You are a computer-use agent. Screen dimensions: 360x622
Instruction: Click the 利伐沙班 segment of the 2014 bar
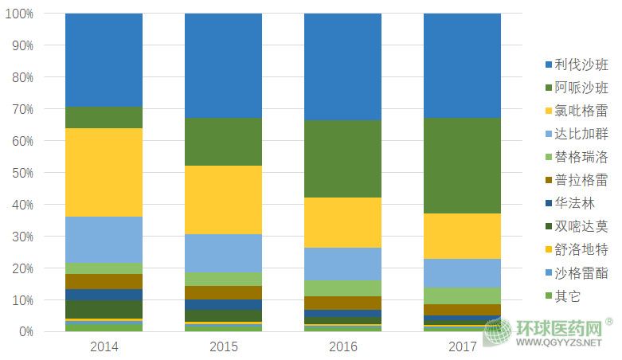tap(104, 60)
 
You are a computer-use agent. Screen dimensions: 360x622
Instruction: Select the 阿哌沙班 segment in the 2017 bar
tap(462, 166)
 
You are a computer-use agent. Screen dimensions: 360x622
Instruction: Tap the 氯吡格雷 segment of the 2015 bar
tap(223, 200)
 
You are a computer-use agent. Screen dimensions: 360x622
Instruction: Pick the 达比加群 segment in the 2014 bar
tap(104, 240)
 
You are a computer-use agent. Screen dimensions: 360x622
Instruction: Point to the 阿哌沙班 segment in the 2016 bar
tap(342, 158)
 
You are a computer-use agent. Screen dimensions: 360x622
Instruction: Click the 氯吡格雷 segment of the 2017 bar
tap(462, 236)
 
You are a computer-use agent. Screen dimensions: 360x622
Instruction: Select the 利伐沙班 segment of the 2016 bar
tap(342, 67)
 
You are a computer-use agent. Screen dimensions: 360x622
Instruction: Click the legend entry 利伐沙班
tap(581, 65)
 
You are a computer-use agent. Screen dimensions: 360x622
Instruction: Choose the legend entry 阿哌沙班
tap(581, 88)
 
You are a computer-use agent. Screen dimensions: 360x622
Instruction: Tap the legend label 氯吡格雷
tap(581, 112)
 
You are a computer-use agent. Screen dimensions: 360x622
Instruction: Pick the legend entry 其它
tap(568, 296)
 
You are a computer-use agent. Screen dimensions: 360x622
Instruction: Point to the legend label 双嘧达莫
tap(581, 227)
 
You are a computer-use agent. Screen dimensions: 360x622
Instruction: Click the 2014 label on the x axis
tap(104, 346)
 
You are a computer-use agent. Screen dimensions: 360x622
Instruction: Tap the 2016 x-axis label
tap(342, 346)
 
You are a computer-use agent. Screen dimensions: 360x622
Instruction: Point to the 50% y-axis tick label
tap(22, 173)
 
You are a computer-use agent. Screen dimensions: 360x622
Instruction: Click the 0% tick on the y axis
tap(25, 331)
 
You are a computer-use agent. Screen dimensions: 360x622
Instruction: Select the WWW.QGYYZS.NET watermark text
tap(563, 344)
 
